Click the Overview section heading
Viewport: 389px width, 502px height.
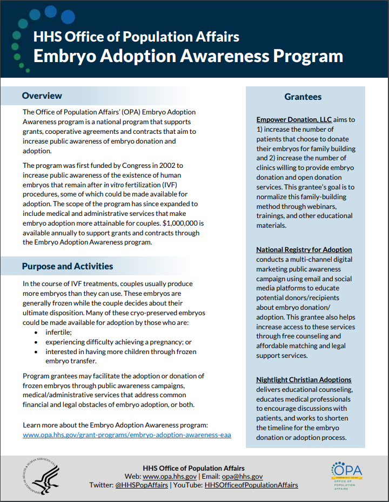(42, 96)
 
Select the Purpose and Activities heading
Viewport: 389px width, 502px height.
(68, 266)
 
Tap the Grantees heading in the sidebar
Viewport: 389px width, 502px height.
(303, 97)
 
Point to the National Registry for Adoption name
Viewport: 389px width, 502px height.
(304, 249)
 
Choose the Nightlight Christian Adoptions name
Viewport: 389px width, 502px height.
(304, 379)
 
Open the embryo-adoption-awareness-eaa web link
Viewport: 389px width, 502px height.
(127, 435)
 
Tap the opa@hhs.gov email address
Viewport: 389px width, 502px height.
(242, 477)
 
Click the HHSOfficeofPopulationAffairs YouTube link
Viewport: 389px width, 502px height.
(251, 485)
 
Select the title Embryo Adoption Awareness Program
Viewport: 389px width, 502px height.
(188, 56)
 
